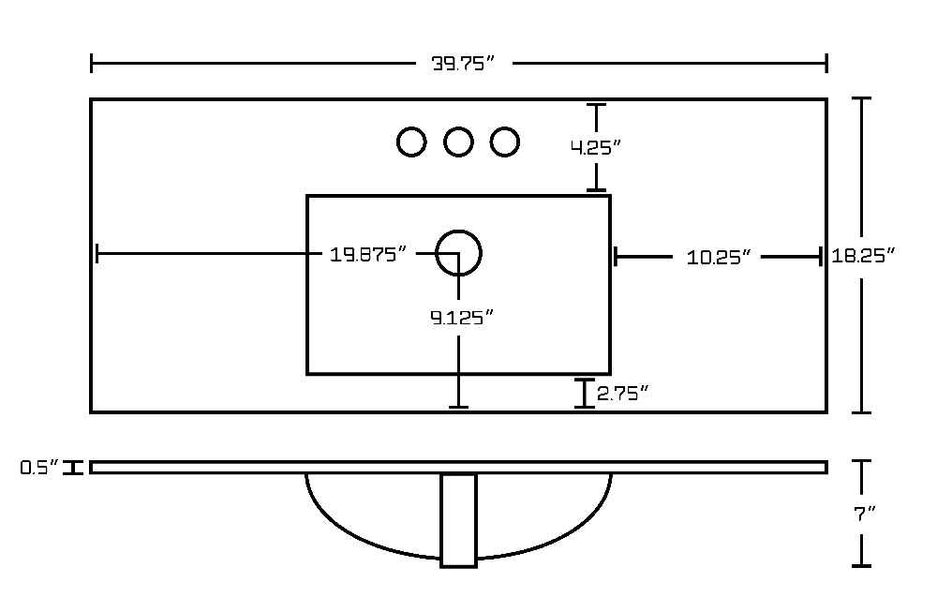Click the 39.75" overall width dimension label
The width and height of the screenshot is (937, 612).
pyautogui.click(x=463, y=64)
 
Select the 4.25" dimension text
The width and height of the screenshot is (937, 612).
pyautogui.click(x=596, y=147)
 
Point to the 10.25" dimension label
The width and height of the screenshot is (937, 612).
pyautogui.click(x=718, y=258)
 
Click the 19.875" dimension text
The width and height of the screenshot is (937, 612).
pyautogui.click(x=367, y=255)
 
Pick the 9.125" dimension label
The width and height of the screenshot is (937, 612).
pyautogui.click(x=462, y=318)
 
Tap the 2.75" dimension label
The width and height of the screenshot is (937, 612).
pyautogui.click(x=623, y=394)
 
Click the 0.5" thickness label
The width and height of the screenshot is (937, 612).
pyautogui.click(x=39, y=468)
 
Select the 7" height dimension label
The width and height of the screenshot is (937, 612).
pyautogui.click(x=864, y=514)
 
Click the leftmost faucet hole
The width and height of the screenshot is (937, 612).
pyautogui.click(x=411, y=142)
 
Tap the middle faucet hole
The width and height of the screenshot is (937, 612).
pyautogui.click(x=458, y=142)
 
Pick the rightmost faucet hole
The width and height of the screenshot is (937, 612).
pyautogui.click(x=505, y=142)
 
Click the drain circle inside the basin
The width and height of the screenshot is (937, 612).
pyautogui.click(x=458, y=231)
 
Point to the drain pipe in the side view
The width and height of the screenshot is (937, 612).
pyautogui.click(x=458, y=520)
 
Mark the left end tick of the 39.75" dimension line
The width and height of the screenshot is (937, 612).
pyautogui.click(x=92, y=63)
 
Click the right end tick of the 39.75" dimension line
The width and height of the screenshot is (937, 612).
pyautogui.click(x=826, y=63)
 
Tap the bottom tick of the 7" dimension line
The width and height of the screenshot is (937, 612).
pyautogui.click(x=861, y=565)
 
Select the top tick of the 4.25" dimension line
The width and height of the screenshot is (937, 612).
pyautogui.click(x=596, y=105)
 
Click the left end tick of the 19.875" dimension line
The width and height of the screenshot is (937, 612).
pyautogui.click(x=97, y=253)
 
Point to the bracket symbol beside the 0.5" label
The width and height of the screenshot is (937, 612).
pyautogui.click(x=74, y=468)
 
